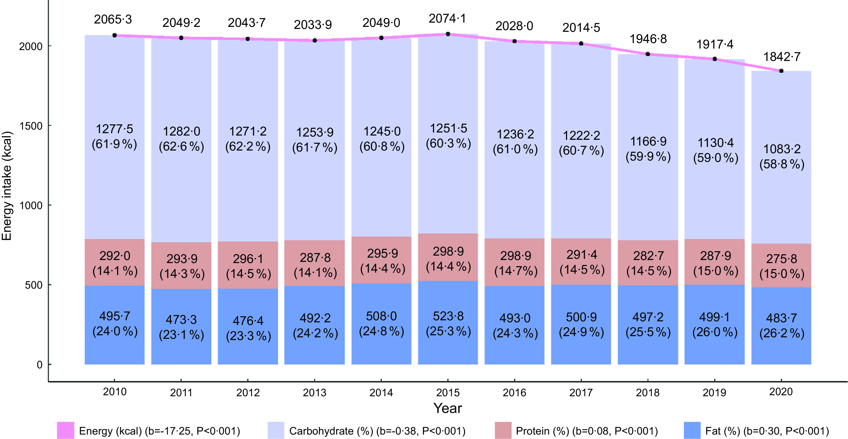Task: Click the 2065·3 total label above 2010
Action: click(113, 19)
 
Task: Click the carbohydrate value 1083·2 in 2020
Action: click(782, 149)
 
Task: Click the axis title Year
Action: click(448, 408)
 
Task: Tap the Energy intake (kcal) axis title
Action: click(7, 186)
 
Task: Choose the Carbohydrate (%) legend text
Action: click(377, 431)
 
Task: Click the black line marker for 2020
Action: click(781, 71)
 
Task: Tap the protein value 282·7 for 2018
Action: click(648, 256)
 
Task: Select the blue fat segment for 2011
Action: click(181, 326)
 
